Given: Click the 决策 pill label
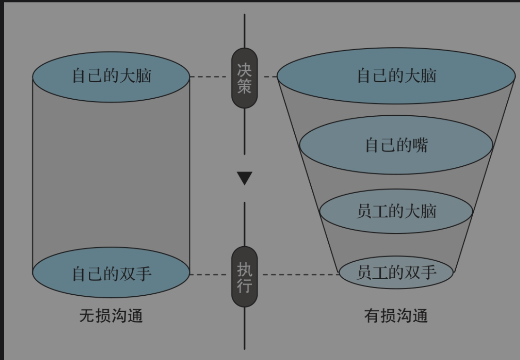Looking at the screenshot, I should (x=244, y=78).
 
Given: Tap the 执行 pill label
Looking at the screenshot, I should (x=244, y=277).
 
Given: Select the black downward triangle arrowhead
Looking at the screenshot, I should (x=245, y=178).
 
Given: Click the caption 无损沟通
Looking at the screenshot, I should (x=111, y=316).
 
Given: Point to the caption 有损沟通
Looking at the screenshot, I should (x=396, y=316).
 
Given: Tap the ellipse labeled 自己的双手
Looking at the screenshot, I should (x=111, y=273).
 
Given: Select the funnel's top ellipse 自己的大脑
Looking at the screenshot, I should (x=396, y=76).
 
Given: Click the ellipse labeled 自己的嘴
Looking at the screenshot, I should (x=396, y=145).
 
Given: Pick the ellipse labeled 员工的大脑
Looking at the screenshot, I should (x=396, y=211).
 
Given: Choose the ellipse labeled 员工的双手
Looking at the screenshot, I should (x=396, y=272).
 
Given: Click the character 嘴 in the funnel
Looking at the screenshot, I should (x=419, y=145).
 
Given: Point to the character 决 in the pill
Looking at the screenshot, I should (x=244, y=70).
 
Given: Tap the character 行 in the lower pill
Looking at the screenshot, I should (x=244, y=285).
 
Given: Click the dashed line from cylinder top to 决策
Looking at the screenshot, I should (x=210, y=77).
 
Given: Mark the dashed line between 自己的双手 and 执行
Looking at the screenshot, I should (x=210, y=274).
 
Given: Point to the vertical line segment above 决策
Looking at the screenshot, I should (x=244, y=31).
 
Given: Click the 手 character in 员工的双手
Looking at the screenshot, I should (x=428, y=272).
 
